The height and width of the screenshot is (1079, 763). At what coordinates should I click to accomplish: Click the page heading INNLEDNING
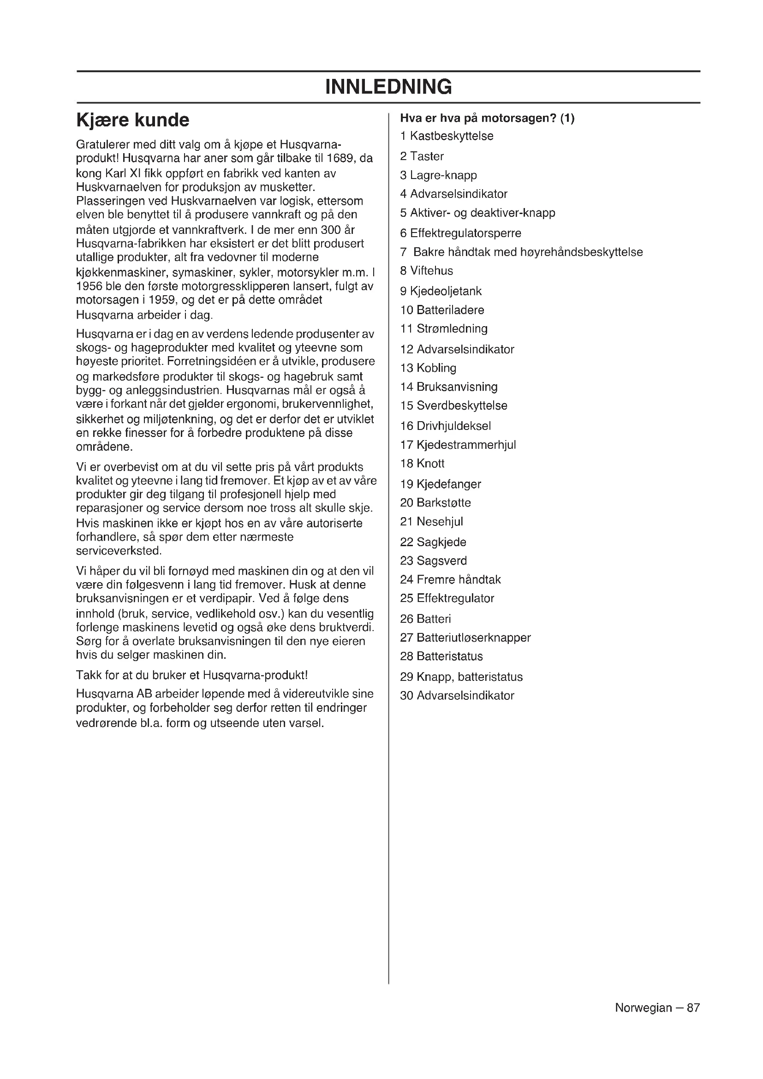[388, 87]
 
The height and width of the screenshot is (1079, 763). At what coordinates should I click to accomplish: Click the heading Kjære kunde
[132, 120]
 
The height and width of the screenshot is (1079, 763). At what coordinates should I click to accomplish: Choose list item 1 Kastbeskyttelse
[447, 136]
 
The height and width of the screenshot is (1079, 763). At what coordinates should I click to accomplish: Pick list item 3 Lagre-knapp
[438, 175]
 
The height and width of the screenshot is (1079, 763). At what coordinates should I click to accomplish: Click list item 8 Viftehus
[426, 271]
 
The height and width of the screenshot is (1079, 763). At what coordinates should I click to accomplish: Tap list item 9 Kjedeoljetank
[440, 291]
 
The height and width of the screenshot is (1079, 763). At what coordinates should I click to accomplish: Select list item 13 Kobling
[428, 368]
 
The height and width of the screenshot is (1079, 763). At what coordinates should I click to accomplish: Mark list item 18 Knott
[422, 463]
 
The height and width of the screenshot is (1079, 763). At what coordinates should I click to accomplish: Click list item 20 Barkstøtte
[435, 502]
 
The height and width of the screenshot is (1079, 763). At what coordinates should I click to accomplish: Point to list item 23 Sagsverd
[433, 560]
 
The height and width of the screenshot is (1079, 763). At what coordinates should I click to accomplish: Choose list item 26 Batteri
[425, 619]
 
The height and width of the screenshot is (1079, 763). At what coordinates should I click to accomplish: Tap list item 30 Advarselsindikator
[457, 696]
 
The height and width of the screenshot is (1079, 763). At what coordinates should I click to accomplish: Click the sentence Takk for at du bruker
[192, 675]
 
